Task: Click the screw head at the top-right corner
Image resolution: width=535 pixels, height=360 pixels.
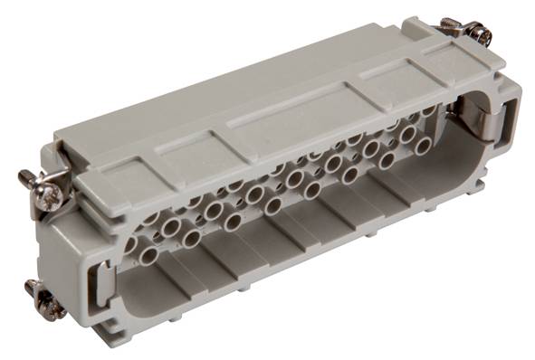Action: (482, 36)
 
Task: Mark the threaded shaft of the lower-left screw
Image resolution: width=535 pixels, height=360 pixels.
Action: (34, 290)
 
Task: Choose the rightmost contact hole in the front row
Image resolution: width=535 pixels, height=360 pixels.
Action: (423, 145)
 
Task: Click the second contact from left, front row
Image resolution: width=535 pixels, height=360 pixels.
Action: (191, 239)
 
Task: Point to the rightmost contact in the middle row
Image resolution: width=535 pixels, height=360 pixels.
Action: (408, 133)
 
